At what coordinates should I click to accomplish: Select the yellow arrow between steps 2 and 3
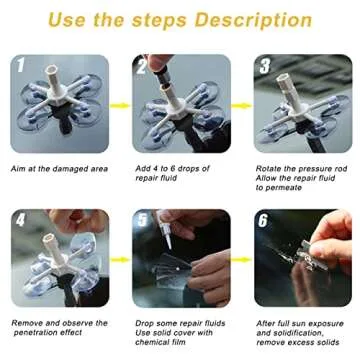[x=242, y=104]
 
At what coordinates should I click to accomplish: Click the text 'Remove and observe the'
[x=59, y=323]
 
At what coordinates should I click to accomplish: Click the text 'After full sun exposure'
[x=300, y=323]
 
